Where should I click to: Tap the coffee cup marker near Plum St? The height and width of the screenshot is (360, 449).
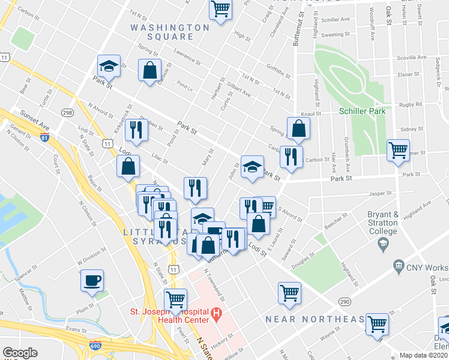coord(92,280)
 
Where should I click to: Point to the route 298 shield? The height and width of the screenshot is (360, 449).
coord(67,113)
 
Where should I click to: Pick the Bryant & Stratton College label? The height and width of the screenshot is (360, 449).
coord(383,223)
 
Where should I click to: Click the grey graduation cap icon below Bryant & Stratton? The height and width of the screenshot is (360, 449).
coord(382,243)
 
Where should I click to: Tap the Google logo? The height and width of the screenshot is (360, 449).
coord(20,353)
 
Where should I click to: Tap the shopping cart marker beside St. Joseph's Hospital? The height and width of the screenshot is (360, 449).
coord(175,299)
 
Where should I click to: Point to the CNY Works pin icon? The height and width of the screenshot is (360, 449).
coord(397,266)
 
